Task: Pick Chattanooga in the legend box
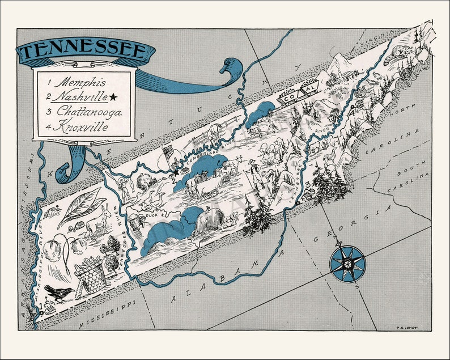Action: pyautogui.click(x=86, y=112)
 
